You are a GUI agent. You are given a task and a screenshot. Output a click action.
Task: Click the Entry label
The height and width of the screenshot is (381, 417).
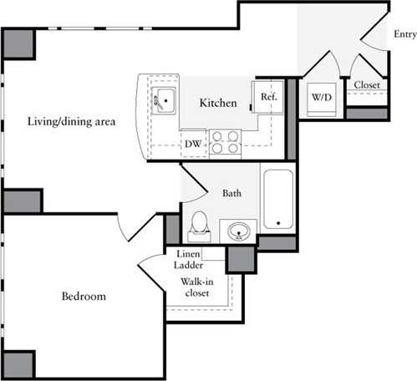(x=404, y=34)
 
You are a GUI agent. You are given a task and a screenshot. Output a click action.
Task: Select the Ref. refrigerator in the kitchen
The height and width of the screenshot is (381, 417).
(x=268, y=97)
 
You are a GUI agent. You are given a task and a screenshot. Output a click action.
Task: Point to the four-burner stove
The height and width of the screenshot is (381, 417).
(x=224, y=143)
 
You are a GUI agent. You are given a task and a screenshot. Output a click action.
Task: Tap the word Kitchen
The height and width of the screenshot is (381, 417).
(x=218, y=103)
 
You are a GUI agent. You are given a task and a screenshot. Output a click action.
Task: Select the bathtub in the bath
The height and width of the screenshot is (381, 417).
(x=277, y=200)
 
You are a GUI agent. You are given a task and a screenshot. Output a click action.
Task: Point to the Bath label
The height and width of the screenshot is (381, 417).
(x=232, y=193)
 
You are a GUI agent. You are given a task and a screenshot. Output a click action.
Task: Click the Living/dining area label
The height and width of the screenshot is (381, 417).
(x=69, y=122)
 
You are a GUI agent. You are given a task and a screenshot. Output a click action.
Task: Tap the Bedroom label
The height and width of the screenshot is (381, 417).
(x=84, y=297)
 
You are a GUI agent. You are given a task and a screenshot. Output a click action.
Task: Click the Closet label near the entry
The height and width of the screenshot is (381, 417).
(x=367, y=85)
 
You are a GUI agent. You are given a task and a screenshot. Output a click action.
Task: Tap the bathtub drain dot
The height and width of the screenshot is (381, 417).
(x=277, y=223)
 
